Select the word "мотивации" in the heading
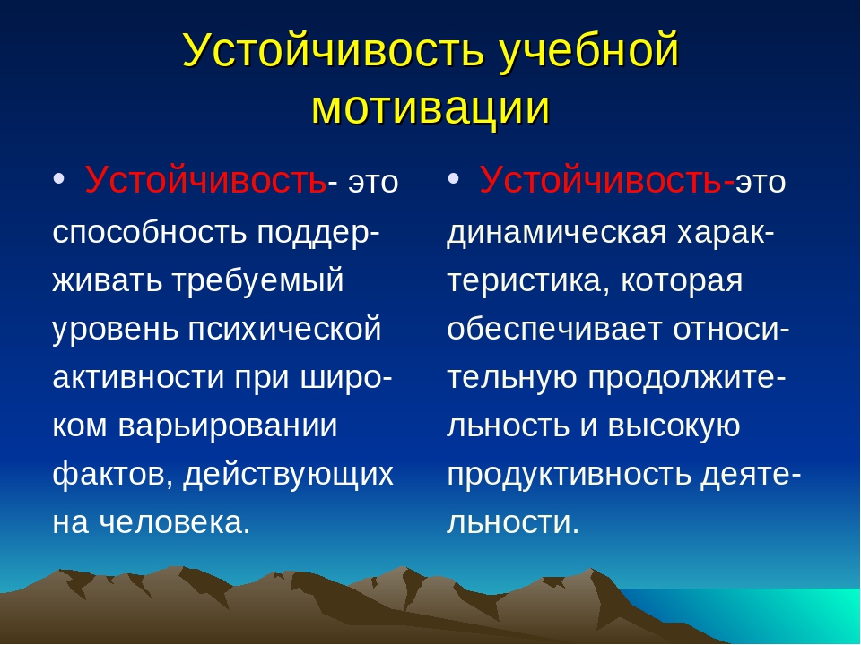coord(430,107)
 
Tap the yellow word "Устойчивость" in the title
coord(333,50)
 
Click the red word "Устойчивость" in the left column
coord(205,180)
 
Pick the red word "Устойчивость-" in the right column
coord(607,180)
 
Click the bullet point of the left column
coord(59,179)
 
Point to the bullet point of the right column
coord(453,179)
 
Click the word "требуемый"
coord(258,280)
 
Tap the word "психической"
coord(285,329)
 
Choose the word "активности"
coord(138,377)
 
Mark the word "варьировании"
coord(227,426)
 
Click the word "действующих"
coord(288,475)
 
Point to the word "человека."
coord(175,522)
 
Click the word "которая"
coord(682,281)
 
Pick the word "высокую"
coord(674,426)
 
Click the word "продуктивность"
coord(569,475)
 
